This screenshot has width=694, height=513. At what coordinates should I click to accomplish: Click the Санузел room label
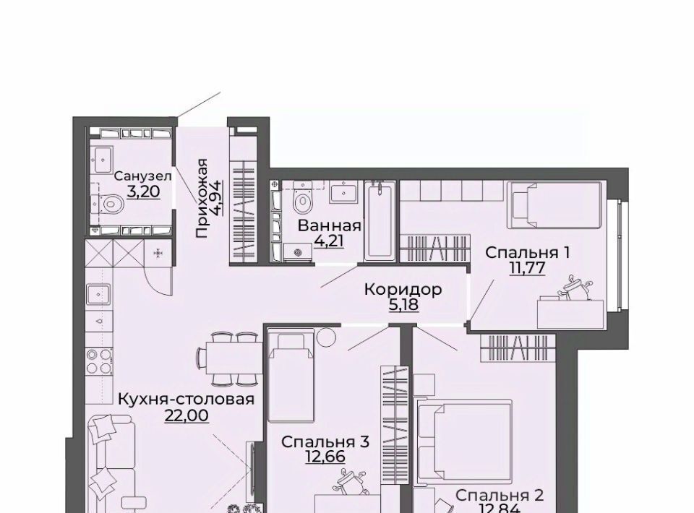143,176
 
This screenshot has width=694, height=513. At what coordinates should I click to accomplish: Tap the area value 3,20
143,191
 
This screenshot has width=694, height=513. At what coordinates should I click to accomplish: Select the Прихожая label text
202,198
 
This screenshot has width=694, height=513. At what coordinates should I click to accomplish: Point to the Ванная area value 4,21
329,241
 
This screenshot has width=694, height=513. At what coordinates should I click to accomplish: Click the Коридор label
403,290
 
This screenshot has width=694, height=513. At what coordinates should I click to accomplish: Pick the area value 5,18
403,305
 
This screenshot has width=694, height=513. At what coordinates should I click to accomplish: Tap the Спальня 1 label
527,253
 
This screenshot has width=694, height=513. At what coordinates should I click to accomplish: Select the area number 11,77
527,268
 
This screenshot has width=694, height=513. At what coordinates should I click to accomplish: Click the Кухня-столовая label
187,399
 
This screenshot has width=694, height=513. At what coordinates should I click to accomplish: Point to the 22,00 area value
187,415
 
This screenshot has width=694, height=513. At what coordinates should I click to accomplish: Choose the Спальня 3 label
325,441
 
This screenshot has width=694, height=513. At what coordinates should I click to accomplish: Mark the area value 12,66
325,457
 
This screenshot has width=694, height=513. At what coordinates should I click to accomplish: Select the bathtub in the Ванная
379,221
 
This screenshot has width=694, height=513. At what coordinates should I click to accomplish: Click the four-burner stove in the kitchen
99,362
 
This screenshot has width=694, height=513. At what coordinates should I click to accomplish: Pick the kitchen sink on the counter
99,294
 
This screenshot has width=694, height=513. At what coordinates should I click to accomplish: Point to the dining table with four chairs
230,358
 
